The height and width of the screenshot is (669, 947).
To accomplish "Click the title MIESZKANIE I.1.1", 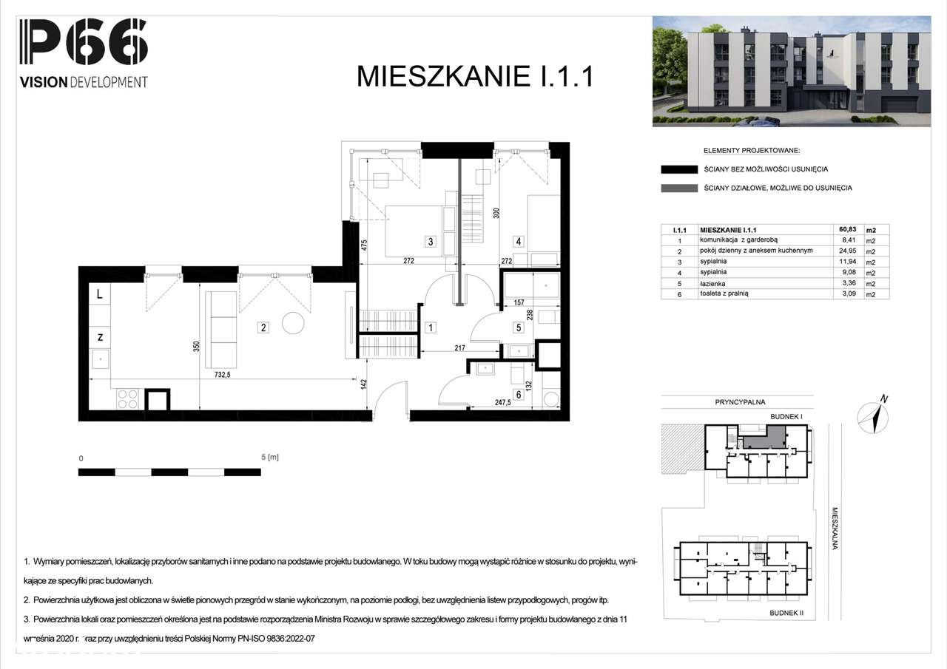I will (475, 76).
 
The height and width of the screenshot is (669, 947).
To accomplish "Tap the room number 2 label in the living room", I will (262, 327).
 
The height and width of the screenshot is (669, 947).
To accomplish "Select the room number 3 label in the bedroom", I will (429, 241).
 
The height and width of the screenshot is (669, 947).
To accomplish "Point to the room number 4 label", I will (519, 241).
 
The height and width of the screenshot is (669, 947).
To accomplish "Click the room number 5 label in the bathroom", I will (519, 327).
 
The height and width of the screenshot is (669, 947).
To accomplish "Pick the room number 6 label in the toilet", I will (519, 395).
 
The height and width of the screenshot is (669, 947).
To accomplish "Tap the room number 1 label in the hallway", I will (429, 327).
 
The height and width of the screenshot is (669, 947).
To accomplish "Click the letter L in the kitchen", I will (99, 294).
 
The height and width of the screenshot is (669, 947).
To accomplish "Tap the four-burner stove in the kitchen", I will (127, 399).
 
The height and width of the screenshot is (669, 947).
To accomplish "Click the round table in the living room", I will (293, 324).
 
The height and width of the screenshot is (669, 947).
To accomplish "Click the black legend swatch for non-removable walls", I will (679, 169).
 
